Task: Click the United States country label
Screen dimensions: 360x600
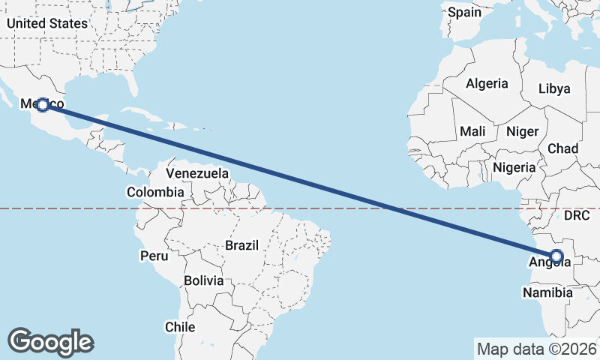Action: click(47, 22)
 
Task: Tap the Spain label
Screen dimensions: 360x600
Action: click(465, 12)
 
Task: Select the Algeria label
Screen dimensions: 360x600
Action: click(487, 84)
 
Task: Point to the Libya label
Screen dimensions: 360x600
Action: click(554, 88)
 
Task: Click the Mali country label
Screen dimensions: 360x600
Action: click(472, 131)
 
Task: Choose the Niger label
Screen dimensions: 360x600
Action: click(522, 131)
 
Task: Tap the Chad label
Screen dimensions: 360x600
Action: click(562, 148)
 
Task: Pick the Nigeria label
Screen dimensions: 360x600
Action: click(514, 166)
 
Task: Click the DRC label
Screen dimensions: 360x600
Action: click(577, 215)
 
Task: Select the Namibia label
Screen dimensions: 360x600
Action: click(548, 292)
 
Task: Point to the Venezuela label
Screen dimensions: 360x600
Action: click(197, 173)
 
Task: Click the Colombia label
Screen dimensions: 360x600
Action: click(154, 192)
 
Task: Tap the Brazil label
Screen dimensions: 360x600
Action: click(241, 245)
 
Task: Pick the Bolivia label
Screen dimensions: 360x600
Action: click(204, 280)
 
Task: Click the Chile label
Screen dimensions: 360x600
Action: click(180, 327)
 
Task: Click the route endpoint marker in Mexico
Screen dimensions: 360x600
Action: click(43, 105)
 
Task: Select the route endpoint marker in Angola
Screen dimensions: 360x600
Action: click(556, 256)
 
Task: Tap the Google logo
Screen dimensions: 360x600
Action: click(50, 341)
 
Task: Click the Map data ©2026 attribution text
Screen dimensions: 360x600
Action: click(537, 349)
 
